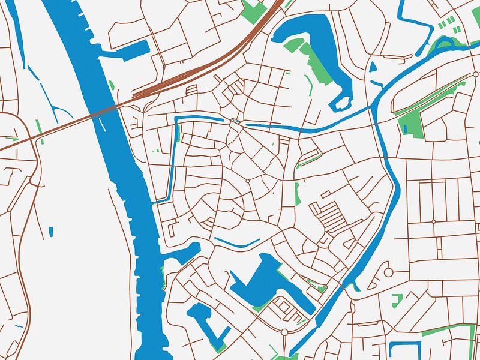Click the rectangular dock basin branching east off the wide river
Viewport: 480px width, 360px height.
tap(134, 50)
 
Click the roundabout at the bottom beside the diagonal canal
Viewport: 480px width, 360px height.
tap(284, 331)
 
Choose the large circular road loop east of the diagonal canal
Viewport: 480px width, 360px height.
tap(388, 272)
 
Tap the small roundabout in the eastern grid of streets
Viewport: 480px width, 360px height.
tap(434, 221)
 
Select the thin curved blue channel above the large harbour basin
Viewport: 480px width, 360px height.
tap(237, 244)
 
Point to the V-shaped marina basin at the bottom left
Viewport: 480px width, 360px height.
tap(207, 324)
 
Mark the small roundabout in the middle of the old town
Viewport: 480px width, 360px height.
tap(247, 181)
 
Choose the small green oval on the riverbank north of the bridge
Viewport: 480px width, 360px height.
tap(112, 84)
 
